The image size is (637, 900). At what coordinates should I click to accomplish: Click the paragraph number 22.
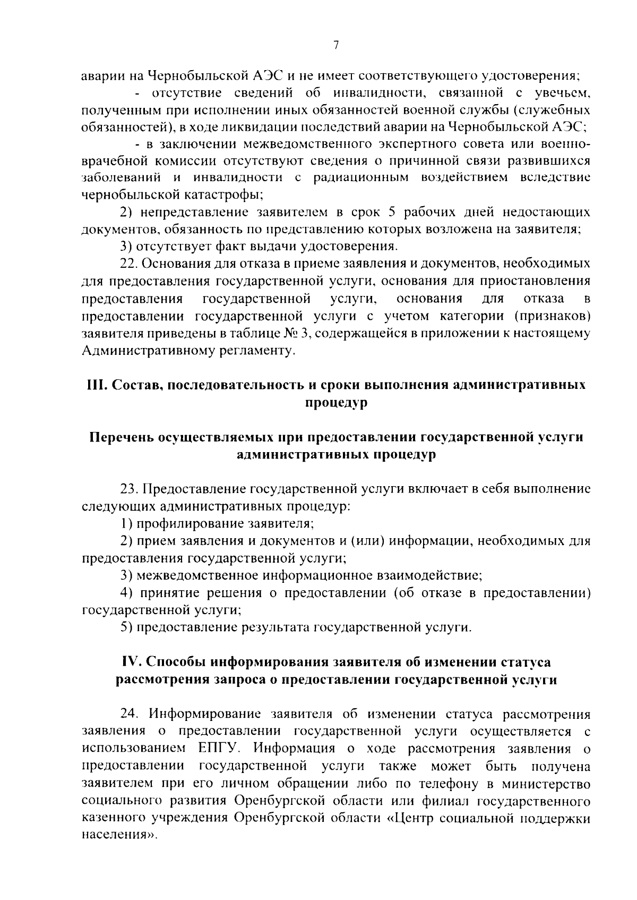tap(128, 264)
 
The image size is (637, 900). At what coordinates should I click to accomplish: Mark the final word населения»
tap(120, 835)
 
